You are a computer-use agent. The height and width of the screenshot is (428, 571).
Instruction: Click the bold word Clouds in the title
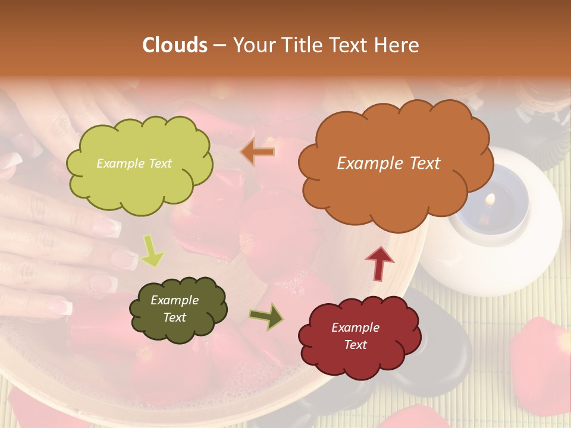175,45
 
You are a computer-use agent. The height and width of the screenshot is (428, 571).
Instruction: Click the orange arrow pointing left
258,152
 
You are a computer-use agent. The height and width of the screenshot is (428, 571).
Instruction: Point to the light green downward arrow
152,251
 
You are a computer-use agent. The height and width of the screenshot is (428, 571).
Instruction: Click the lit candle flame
491,198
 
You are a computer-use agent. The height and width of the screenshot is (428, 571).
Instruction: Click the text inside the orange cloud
388,163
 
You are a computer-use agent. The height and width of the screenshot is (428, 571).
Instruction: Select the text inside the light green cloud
134,163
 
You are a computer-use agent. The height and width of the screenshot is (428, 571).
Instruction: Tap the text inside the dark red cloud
355,336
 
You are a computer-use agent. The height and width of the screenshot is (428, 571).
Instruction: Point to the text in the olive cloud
174,309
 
